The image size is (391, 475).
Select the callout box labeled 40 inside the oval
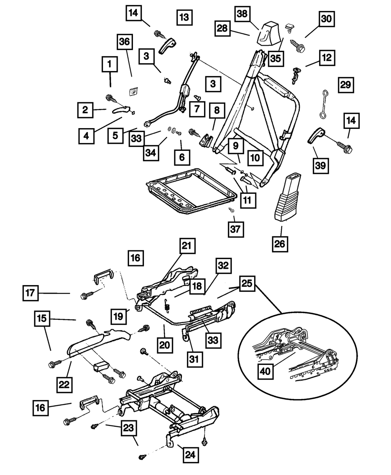266,371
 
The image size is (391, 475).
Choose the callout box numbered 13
184,17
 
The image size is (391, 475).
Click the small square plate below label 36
133,91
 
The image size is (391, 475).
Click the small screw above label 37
231,210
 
